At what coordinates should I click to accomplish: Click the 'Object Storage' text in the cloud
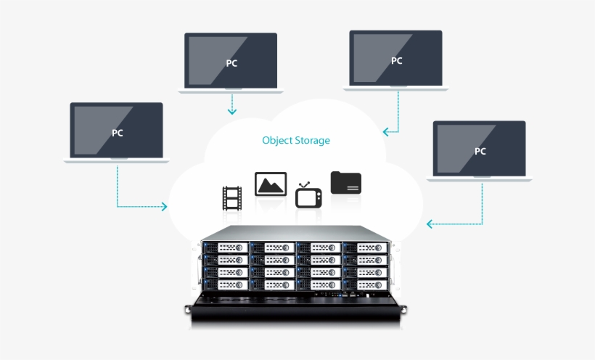(296, 140)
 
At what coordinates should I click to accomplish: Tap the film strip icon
(232, 198)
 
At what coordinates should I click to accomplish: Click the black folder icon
(346, 183)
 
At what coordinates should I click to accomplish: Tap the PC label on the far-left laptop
(117, 133)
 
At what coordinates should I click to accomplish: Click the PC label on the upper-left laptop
(231, 63)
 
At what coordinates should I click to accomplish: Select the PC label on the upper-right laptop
(396, 61)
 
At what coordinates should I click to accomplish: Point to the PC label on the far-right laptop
(480, 152)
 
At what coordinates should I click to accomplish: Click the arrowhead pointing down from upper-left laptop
(231, 112)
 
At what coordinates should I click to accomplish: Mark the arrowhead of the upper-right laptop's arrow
(386, 132)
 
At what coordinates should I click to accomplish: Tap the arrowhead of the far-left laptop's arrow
(164, 207)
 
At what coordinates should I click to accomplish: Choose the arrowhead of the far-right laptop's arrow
(430, 224)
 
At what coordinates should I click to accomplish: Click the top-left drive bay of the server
(225, 247)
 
